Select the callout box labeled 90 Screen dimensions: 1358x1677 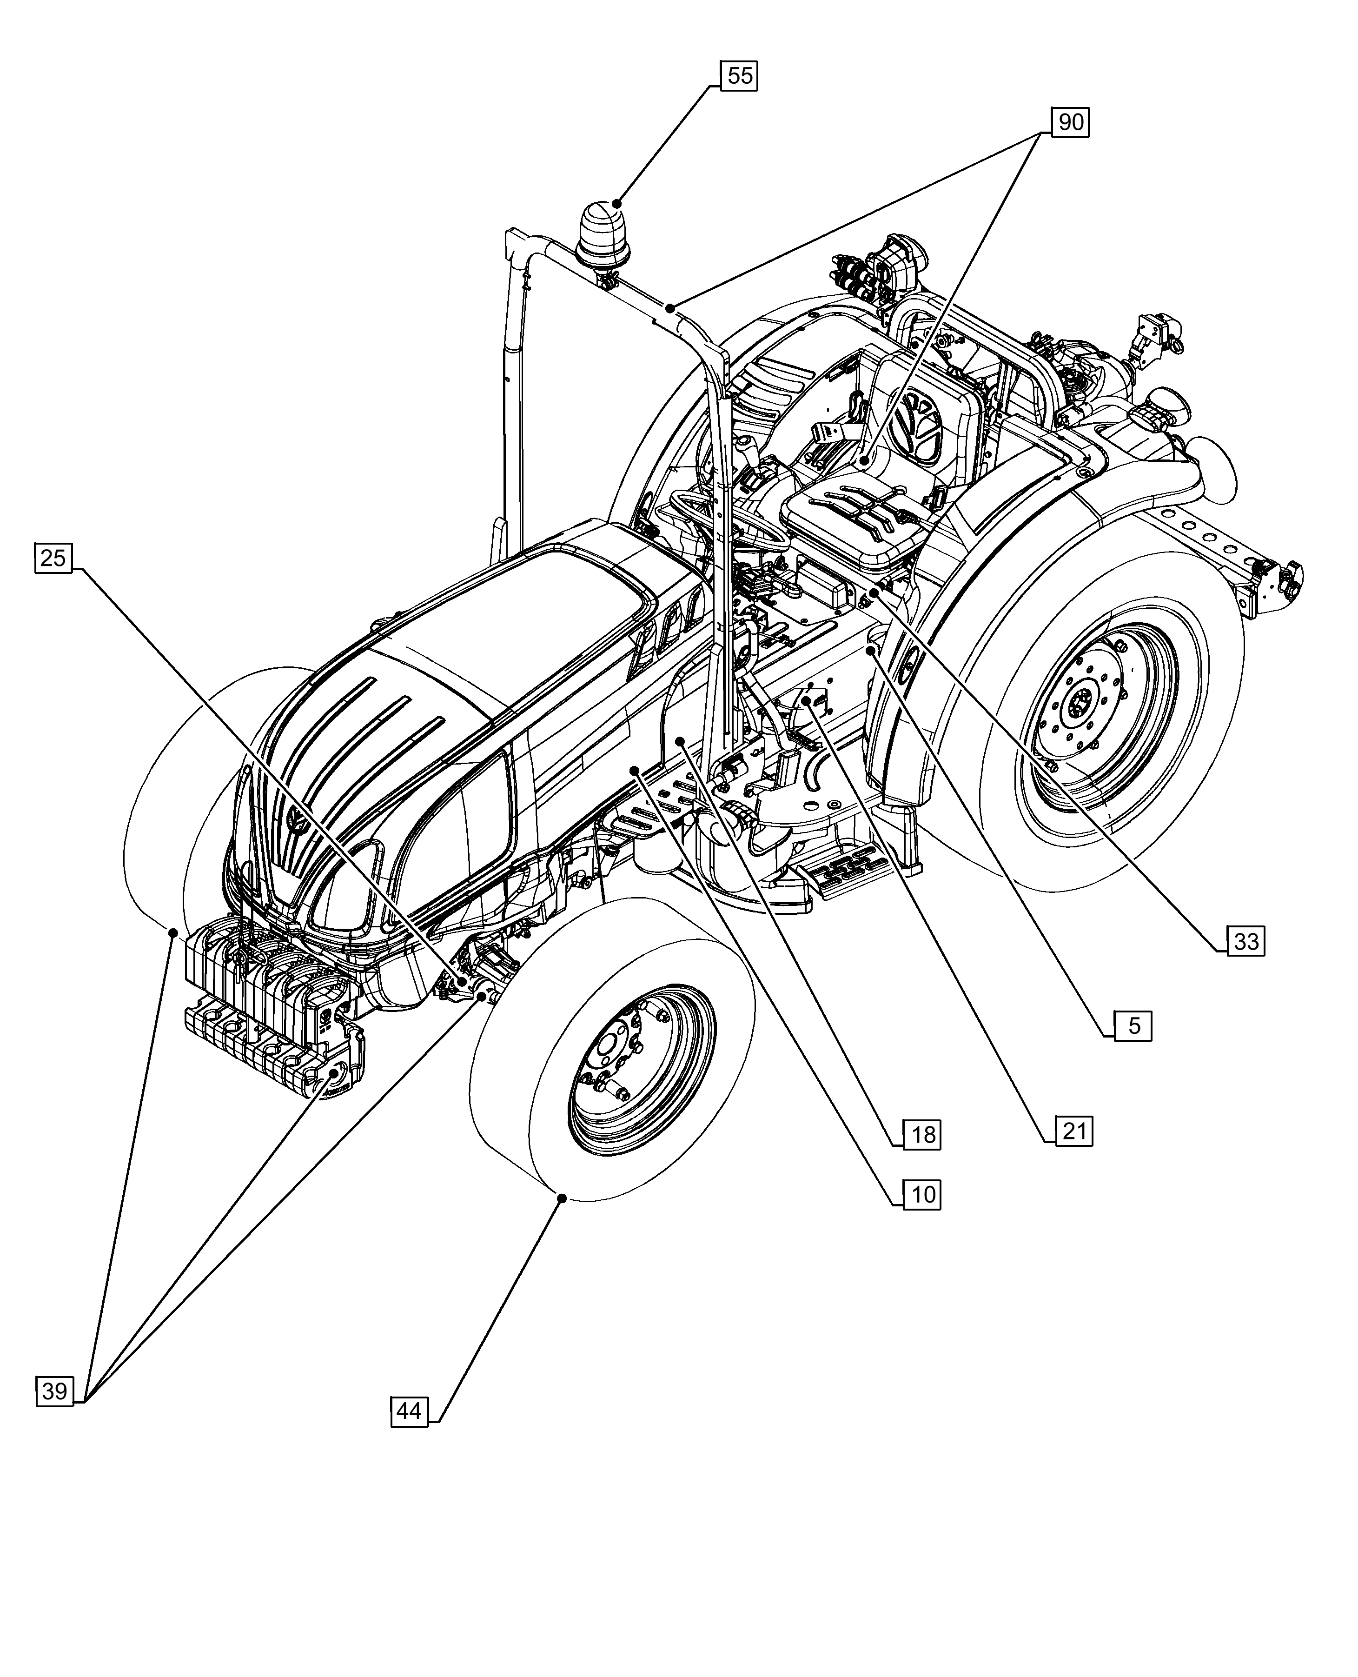1070,122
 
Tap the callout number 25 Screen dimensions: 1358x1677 53,559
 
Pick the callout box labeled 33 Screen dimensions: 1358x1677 1245,941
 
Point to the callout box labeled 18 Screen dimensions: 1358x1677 923,1135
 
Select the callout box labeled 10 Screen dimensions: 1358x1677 923,1195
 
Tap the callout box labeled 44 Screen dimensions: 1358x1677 409,1411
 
